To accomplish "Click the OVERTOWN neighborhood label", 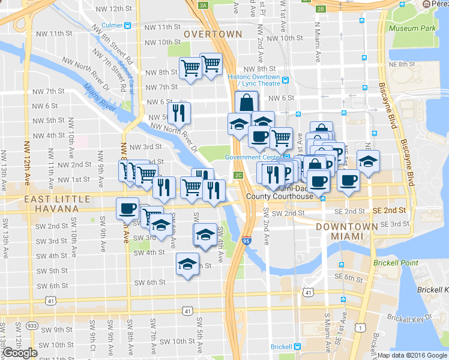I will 213,34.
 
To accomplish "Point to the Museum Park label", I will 411,28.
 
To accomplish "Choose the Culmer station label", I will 112,25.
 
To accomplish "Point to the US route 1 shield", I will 360,327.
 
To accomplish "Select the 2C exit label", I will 238,175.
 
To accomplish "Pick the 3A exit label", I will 203,5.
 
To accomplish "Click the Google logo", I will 19,353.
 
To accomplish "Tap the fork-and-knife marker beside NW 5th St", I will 179,112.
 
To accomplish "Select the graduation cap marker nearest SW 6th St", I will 187,264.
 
